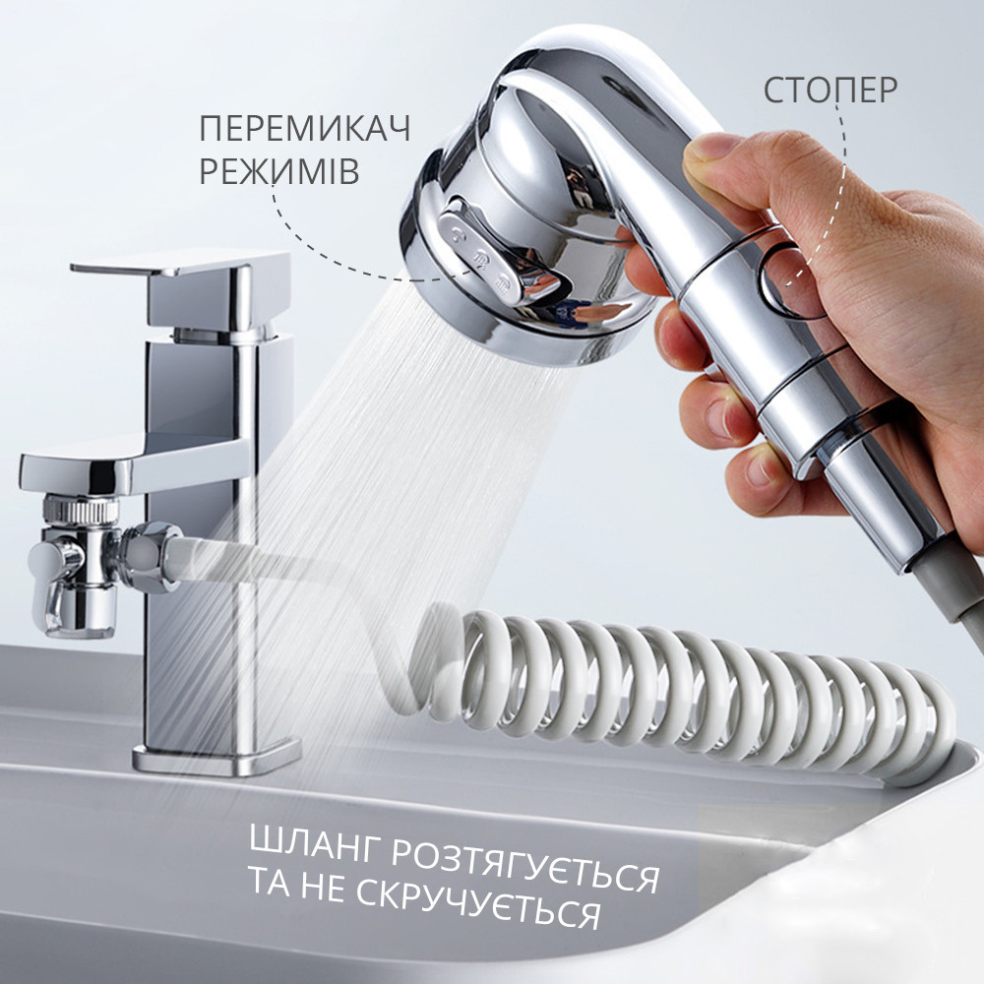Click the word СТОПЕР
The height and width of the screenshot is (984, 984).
pos(830,91)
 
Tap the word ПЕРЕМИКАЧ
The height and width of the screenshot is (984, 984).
pos(305,129)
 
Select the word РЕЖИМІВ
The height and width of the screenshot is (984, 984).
pos(279,171)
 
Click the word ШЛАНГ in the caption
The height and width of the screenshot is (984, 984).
pos(316,843)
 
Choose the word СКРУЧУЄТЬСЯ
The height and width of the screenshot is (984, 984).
pos(478,903)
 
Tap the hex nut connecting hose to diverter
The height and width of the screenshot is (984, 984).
pos(143,557)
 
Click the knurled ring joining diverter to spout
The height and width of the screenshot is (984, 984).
pos(82,510)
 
